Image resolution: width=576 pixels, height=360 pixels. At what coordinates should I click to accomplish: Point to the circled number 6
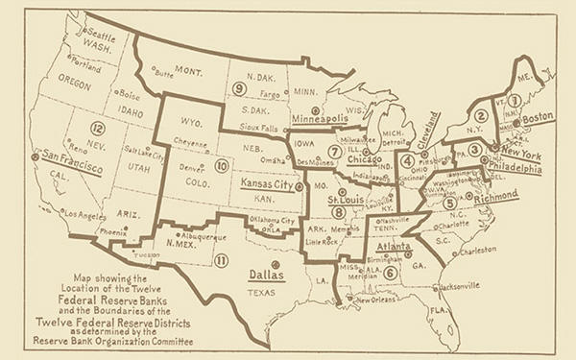click(390, 273)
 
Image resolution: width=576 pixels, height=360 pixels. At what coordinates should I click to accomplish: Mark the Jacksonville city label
click(464, 285)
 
